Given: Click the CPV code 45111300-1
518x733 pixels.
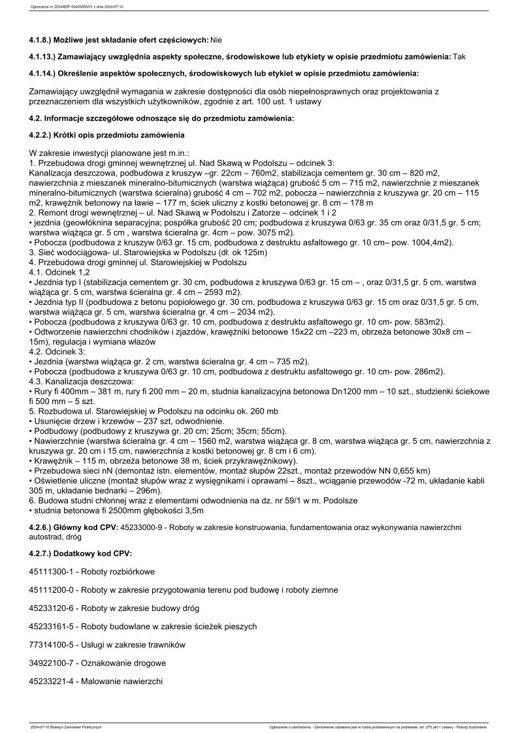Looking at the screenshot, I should point(50,571).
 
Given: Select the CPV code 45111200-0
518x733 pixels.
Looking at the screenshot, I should point(50,589).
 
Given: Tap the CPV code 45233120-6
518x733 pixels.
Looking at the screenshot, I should point(50,608).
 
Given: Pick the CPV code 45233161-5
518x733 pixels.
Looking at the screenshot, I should point(50,626).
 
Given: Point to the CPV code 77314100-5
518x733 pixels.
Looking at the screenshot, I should point(50,644).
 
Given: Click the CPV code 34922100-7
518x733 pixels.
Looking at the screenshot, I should point(50,663).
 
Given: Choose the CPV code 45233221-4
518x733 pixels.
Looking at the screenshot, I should point(50,681).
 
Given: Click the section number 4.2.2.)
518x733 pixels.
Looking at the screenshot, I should point(44,135).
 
